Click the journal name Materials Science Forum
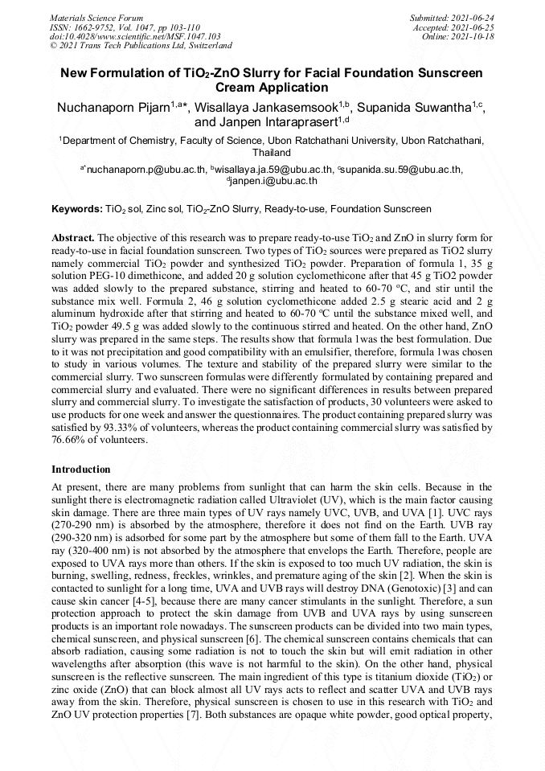[96, 17]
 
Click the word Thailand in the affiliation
[272, 152]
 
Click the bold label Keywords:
[77, 209]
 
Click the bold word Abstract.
[73, 239]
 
